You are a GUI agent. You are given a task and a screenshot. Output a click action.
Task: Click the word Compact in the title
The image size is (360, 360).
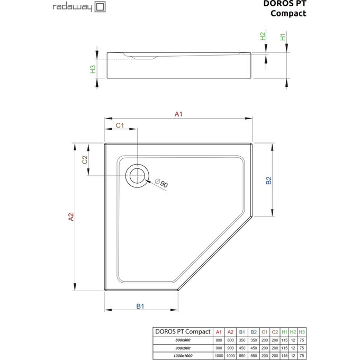coord(288,13)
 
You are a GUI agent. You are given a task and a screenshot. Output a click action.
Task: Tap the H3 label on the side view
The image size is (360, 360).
coord(93,69)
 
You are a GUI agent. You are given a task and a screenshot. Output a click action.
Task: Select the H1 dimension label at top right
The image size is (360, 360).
coord(283,37)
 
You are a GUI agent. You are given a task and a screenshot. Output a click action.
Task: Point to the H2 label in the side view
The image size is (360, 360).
coord(262,37)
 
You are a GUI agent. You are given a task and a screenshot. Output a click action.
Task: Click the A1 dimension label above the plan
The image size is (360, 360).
coord(178,113)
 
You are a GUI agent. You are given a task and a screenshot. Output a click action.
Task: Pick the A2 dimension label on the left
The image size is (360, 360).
coord(70,217)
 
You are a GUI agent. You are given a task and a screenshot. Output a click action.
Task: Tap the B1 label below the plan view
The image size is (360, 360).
coord(140,305)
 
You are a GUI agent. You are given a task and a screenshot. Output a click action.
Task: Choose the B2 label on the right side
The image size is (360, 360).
coord(268,181)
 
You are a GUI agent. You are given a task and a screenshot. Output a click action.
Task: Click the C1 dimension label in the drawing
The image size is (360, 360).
coord(120,125)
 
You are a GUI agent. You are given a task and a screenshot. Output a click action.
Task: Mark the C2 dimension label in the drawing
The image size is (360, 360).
coord(85,160)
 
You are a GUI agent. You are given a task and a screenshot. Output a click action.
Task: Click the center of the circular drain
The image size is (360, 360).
coord(137,175)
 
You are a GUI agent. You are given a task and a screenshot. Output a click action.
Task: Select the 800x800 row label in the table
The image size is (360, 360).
coord(182,340)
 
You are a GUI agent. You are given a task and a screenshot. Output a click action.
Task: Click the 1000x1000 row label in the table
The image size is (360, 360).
coord(182,356)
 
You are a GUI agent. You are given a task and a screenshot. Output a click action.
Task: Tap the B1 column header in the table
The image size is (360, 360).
coord(241,332)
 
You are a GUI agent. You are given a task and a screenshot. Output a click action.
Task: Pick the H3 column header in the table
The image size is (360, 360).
coord(302,332)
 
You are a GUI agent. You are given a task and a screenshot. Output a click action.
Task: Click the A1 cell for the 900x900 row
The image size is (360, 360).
coord(218,348)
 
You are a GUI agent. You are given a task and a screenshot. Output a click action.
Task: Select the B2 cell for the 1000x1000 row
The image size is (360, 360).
coord(253,356)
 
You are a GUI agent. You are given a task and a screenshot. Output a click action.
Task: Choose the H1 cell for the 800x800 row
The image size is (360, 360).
coord(284,340)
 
